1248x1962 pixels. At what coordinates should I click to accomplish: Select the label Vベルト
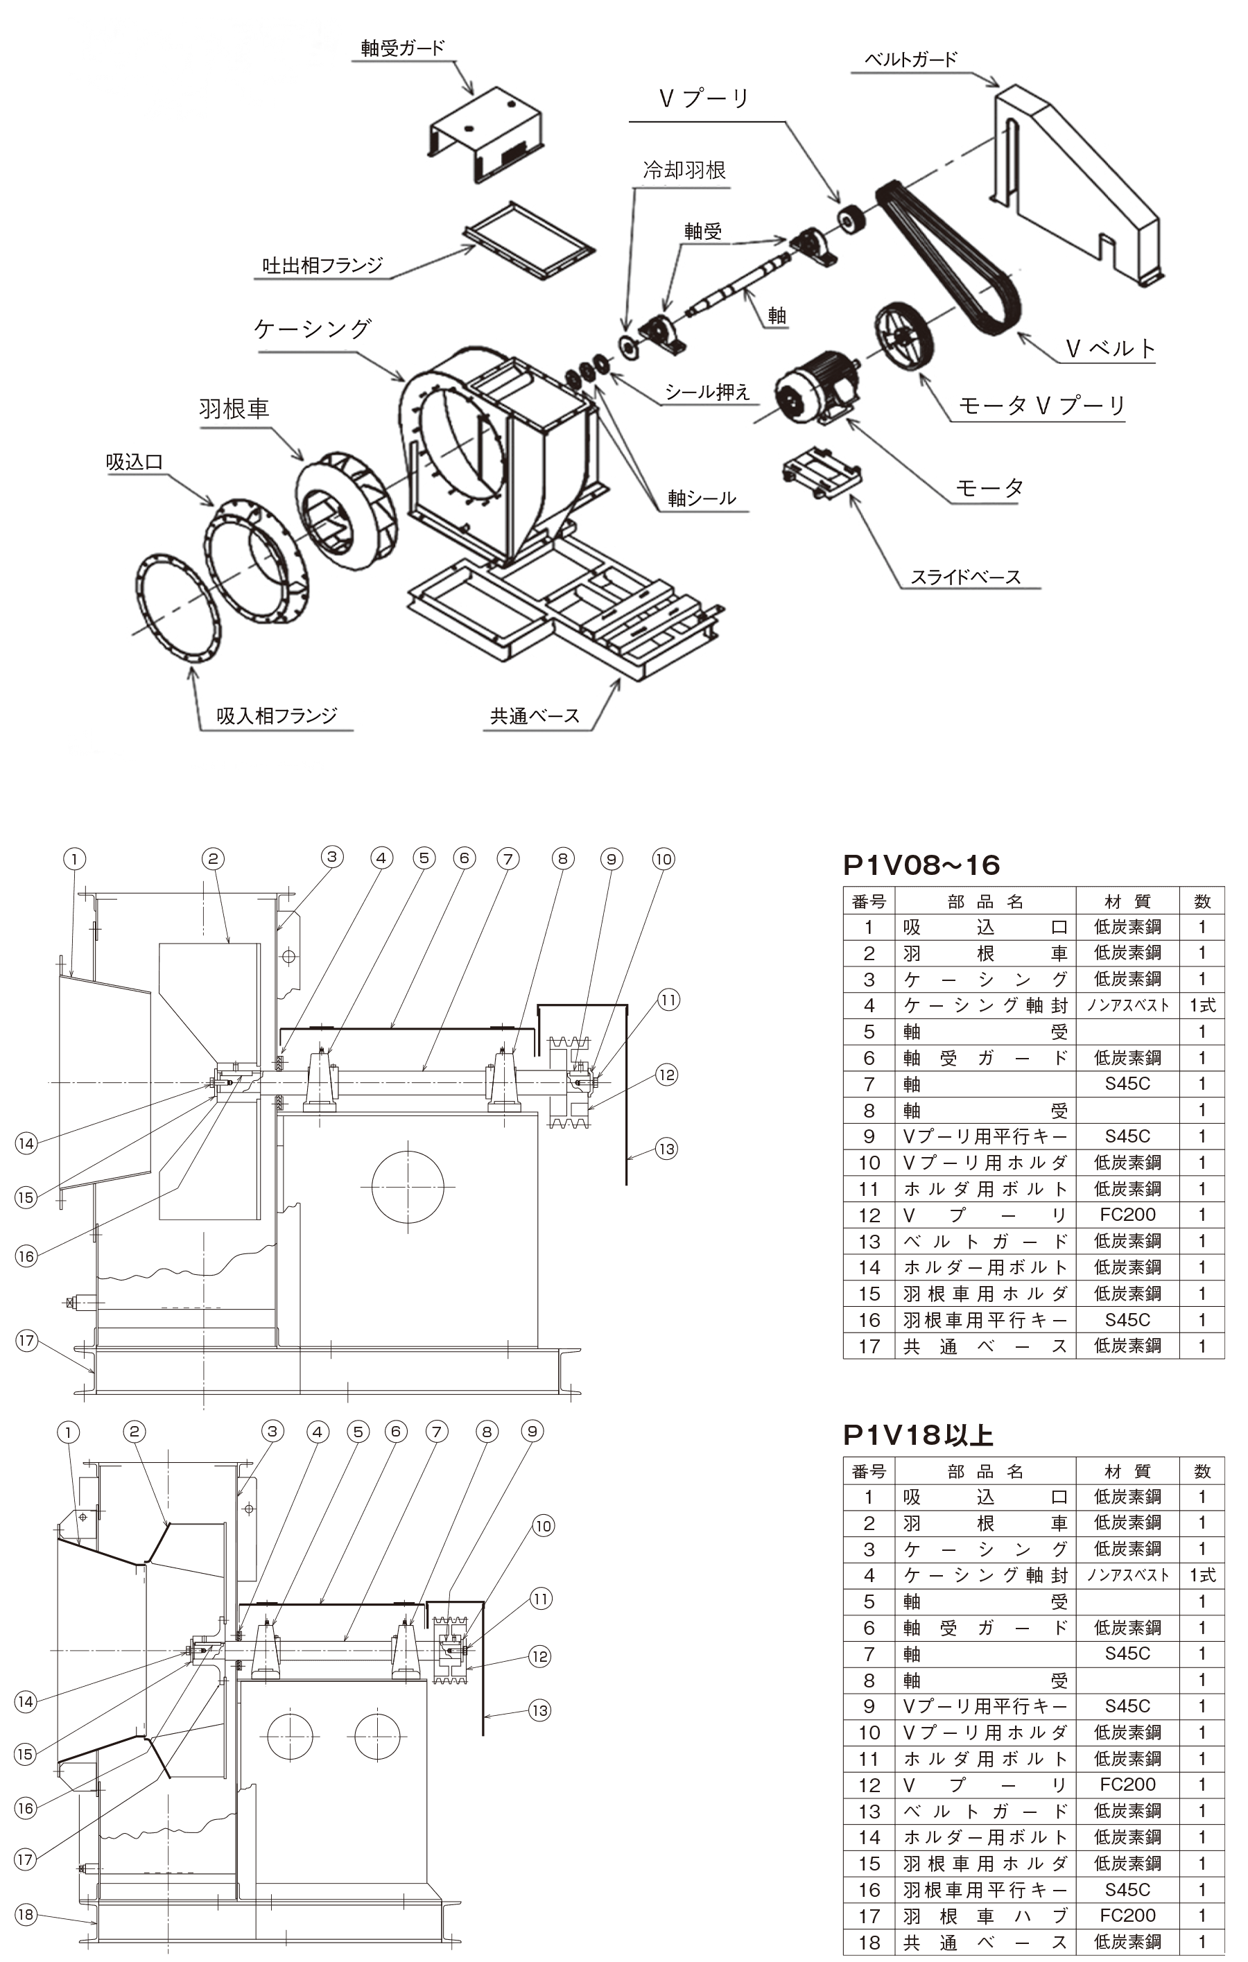click(x=1110, y=349)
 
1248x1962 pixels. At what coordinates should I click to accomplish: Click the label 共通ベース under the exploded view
click(x=535, y=716)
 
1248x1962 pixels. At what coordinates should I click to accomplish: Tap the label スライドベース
click(x=965, y=577)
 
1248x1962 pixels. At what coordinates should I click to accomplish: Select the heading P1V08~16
click(x=921, y=865)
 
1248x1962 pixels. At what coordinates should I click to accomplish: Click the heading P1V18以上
click(x=918, y=1435)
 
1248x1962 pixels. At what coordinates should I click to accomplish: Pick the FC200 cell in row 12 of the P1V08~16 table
click(x=1127, y=1215)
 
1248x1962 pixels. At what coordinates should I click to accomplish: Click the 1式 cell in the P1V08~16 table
click(x=1202, y=1005)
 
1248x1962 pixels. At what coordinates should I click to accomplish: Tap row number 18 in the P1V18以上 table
click(x=869, y=1942)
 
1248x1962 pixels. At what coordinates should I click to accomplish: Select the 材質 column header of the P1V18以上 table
click(x=1127, y=1470)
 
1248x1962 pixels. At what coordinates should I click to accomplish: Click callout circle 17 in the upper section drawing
click(x=27, y=1340)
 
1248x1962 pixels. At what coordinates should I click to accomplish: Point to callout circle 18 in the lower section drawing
click(x=26, y=1914)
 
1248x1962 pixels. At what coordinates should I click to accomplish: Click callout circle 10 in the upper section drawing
click(x=664, y=859)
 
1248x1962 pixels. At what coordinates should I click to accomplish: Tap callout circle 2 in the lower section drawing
click(x=135, y=1432)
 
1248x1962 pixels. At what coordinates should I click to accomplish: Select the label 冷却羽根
click(x=684, y=171)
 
